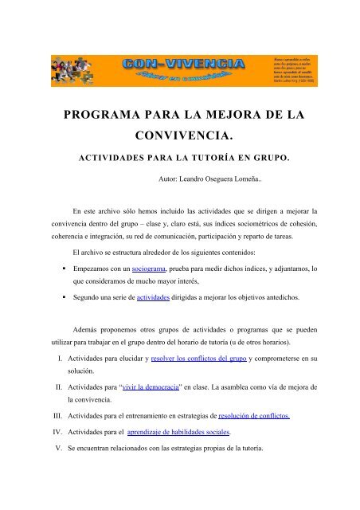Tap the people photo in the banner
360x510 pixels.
point(78,70)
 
